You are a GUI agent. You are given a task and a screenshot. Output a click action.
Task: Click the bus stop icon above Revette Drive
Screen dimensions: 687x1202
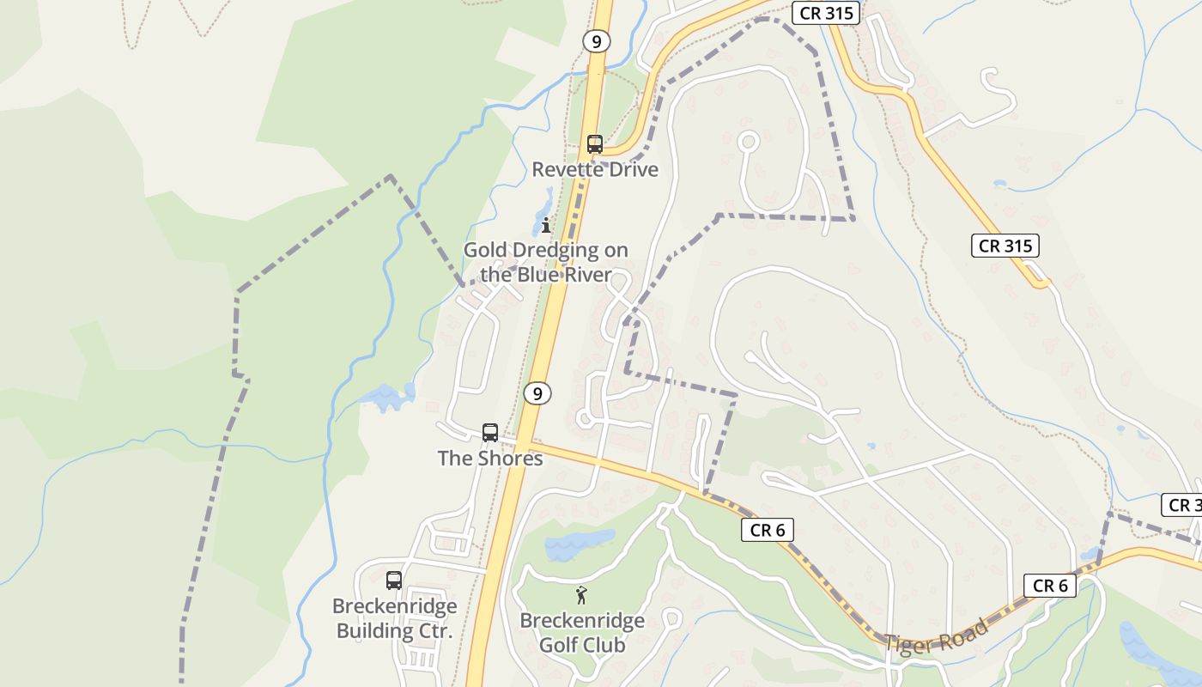(x=594, y=144)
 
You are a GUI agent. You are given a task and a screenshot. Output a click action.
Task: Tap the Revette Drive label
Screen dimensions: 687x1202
(x=595, y=169)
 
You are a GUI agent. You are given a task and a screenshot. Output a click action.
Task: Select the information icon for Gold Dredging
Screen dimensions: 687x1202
(x=546, y=225)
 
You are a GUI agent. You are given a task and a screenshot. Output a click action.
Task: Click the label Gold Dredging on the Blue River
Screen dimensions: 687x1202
(x=546, y=263)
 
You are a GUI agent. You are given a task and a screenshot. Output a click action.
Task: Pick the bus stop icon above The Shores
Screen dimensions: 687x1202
(x=490, y=433)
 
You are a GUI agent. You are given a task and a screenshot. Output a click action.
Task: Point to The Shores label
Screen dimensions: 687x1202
(x=490, y=459)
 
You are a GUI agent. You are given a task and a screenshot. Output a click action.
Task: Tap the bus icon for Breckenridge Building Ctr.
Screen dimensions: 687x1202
(x=394, y=581)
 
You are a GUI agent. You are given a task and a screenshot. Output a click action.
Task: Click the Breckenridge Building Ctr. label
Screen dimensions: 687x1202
(x=395, y=618)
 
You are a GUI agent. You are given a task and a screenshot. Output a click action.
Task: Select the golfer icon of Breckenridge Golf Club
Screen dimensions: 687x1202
(x=581, y=595)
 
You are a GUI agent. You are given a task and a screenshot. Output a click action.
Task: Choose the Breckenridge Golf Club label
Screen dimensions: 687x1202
(x=582, y=632)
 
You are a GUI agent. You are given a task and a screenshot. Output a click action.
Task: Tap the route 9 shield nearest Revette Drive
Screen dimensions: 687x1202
(x=595, y=40)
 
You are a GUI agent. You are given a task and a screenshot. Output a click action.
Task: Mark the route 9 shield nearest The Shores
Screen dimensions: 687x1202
(x=537, y=393)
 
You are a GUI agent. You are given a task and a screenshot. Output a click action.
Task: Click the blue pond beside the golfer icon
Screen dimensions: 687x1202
(x=580, y=544)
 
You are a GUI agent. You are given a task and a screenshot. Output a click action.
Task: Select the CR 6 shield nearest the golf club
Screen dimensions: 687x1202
(x=768, y=530)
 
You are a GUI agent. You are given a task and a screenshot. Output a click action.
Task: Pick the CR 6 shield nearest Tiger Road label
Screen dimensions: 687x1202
(x=1050, y=586)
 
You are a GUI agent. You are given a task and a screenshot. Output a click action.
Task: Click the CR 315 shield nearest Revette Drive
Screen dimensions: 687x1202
(x=825, y=13)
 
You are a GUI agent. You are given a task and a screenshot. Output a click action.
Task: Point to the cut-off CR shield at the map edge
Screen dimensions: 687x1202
(x=1182, y=505)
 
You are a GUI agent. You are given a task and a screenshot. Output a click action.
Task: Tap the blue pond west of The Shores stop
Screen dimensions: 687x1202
(x=388, y=397)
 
